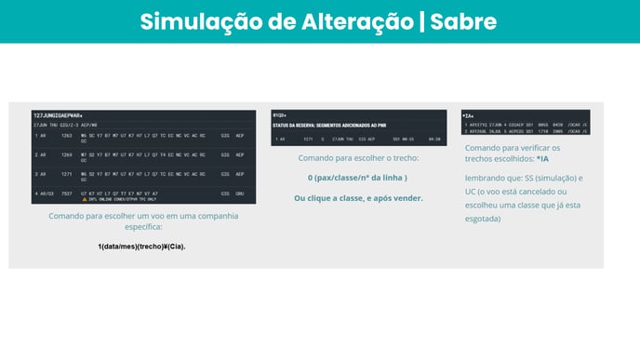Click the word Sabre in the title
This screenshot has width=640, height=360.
(462, 21)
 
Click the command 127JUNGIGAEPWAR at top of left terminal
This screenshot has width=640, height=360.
(58, 114)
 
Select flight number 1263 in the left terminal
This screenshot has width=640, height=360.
(67, 135)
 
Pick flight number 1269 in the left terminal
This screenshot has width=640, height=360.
(67, 154)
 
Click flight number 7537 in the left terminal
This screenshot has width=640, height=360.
(67, 193)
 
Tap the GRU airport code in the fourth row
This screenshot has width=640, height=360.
(239, 193)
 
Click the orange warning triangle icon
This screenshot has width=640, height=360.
(84, 199)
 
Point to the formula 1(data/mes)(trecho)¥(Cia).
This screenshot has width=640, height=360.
(141, 246)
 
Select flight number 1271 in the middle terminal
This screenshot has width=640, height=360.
(308, 139)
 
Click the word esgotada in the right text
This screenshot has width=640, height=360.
(482, 219)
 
